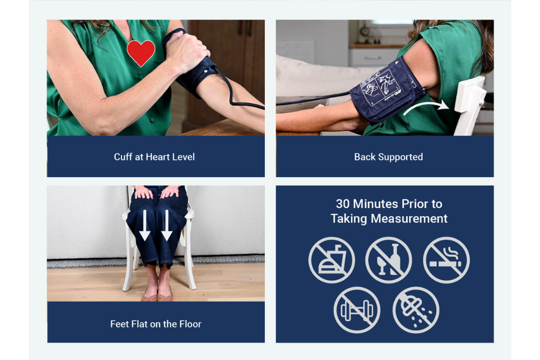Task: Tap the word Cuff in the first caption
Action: coord(123,157)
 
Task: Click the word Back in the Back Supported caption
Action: coord(364,157)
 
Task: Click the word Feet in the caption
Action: coord(119,324)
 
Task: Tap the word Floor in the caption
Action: coord(190,324)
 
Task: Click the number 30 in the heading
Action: coord(343,204)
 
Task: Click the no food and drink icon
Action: coord(332,260)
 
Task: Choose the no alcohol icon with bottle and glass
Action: coord(389,260)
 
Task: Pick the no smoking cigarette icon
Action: coord(446,260)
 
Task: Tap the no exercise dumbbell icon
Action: coord(357,310)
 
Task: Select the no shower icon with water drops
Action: coord(416,310)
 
